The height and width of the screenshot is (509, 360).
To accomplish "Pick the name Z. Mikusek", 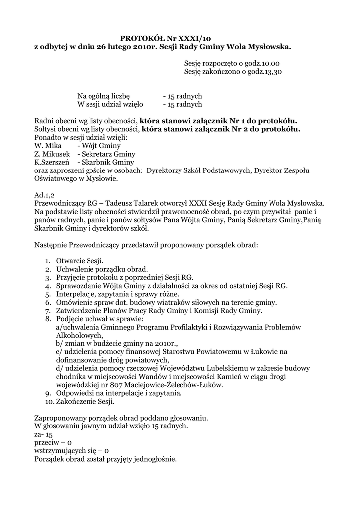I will pyautogui.click(x=52, y=154).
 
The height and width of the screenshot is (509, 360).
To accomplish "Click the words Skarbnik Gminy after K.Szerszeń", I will pyautogui.click(x=105, y=162).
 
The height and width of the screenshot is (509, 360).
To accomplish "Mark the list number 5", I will pyautogui.click(x=48, y=294).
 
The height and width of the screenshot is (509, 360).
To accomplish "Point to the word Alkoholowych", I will pyautogui.click(x=79, y=336).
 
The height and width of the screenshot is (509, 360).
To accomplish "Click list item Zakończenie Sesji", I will pyautogui.click(x=85, y=401).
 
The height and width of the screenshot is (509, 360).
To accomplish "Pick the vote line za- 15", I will pyautogui.click(x=43, y=434).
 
